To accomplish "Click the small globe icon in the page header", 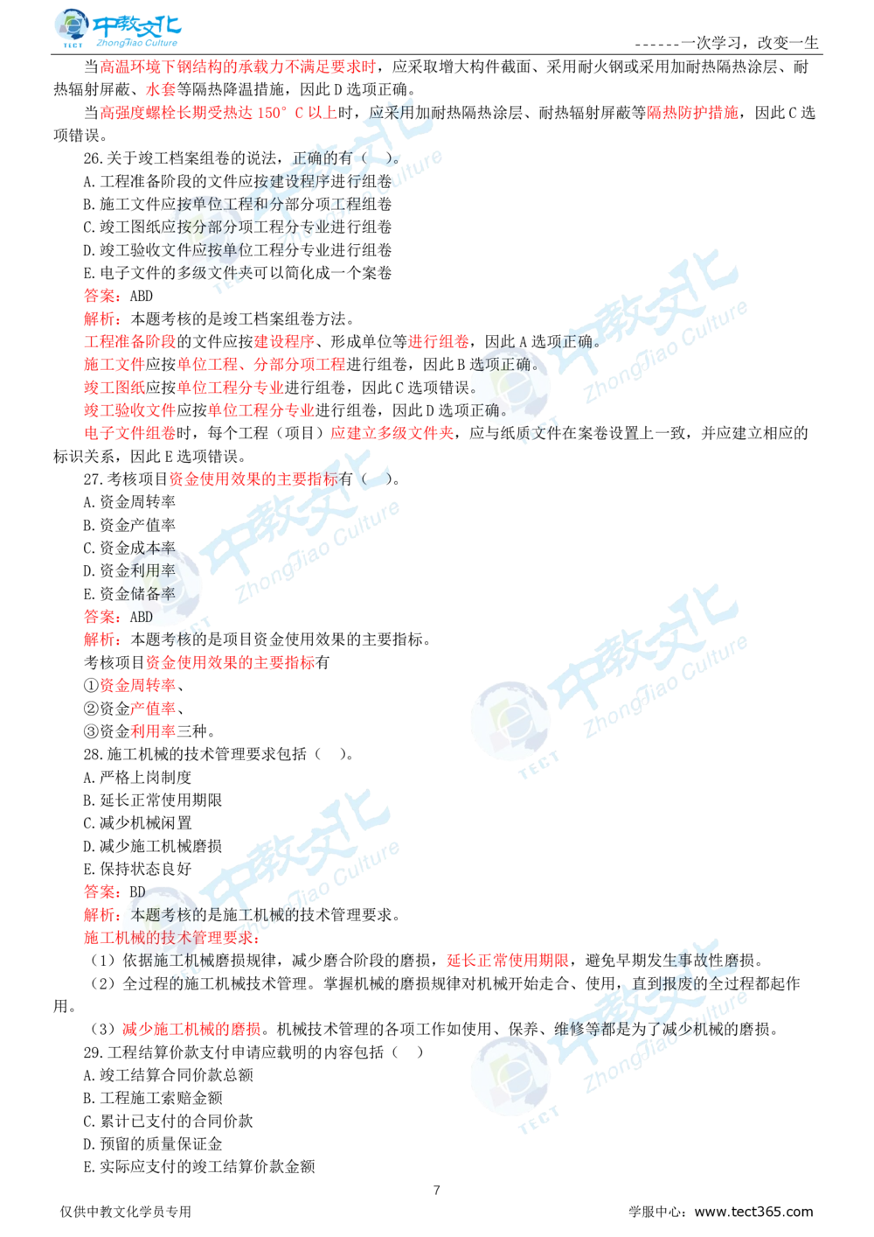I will (x=69, y=27).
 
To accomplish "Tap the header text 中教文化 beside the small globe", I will (x=135, y=23).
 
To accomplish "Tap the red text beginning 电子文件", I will (x=129, y=432).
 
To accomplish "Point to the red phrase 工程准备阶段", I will (x=129, y=341).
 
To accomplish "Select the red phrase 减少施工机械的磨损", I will (x=191, y=1030).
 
